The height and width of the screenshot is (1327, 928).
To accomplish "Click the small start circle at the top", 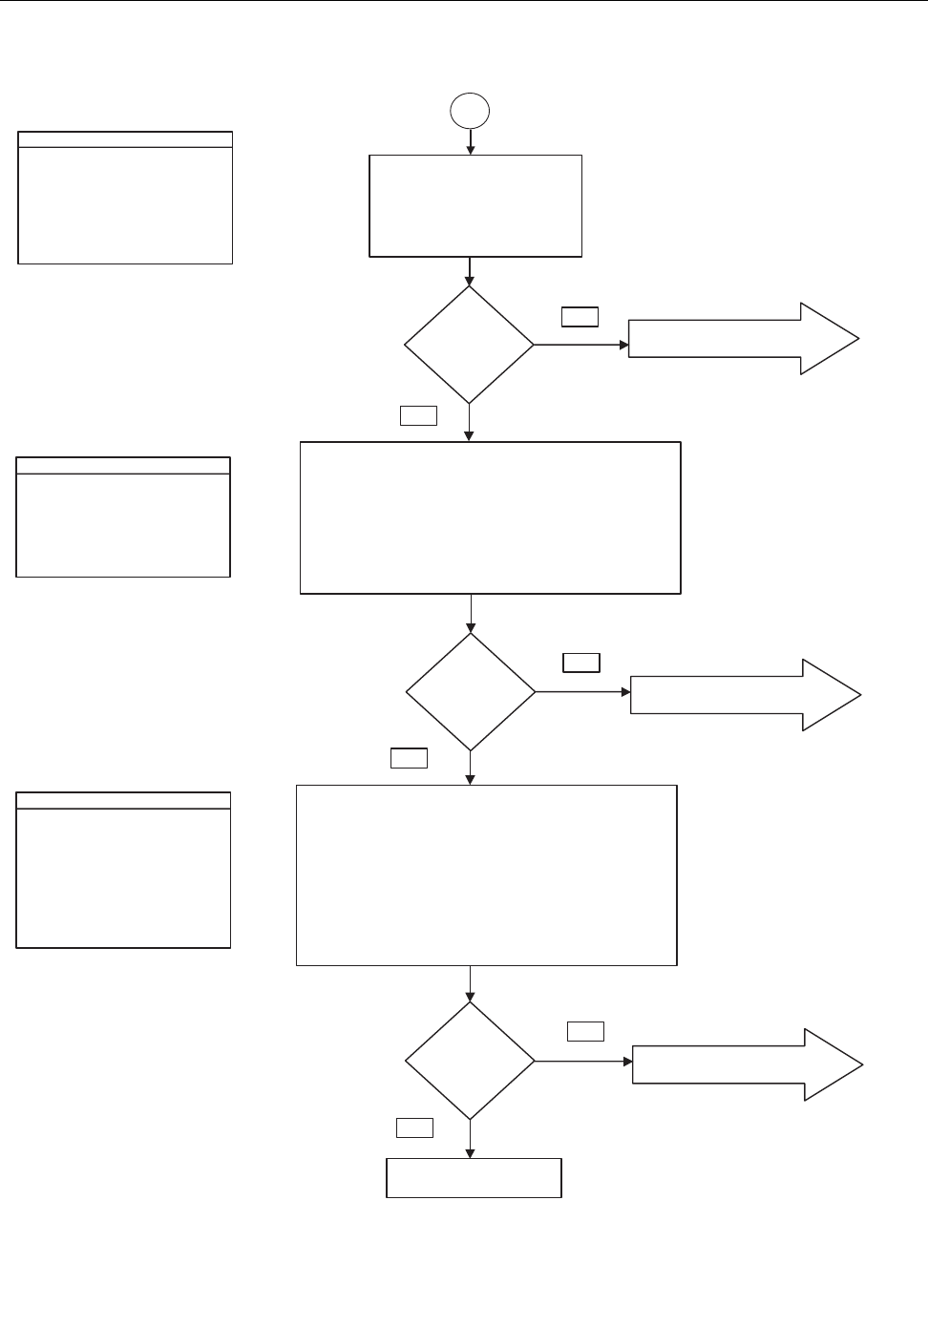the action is [x=470, y=111].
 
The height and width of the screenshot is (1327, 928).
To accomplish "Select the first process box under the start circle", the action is [x=475, y=205].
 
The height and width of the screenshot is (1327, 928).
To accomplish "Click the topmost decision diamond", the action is [x=469, y=345].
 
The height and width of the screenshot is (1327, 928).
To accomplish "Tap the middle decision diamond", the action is [x=471, y=692].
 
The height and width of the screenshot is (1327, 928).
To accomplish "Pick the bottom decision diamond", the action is [x=470, y=1061].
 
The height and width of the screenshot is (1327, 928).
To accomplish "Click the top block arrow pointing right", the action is [x=744, y=339].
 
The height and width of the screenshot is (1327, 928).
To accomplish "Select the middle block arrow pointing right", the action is [x=746, y=695].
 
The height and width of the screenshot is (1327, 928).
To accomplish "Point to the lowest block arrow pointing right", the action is [x=748, y=1064].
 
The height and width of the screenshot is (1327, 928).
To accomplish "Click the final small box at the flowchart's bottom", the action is [x=474, y=1177].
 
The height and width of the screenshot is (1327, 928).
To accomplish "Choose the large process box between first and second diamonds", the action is [x=491, y=517].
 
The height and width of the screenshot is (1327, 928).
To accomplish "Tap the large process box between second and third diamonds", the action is [x=487, y=875].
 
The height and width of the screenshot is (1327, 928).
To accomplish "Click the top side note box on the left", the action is [x=125, y=198].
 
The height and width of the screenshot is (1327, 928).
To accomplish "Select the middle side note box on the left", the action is [x=123, y=516].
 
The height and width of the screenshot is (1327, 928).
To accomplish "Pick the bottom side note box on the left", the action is [x=123, y=870].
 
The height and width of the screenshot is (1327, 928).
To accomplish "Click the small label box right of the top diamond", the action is [x=580, y=317].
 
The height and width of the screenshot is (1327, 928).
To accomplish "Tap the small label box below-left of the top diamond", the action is [x=418, y=414].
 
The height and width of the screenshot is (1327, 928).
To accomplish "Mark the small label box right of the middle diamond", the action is [x=581, y=663].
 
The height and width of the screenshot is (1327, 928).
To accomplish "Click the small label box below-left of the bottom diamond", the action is [x=414, y=1127].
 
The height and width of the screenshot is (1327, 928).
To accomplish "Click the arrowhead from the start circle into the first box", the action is [x=471, y=150].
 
